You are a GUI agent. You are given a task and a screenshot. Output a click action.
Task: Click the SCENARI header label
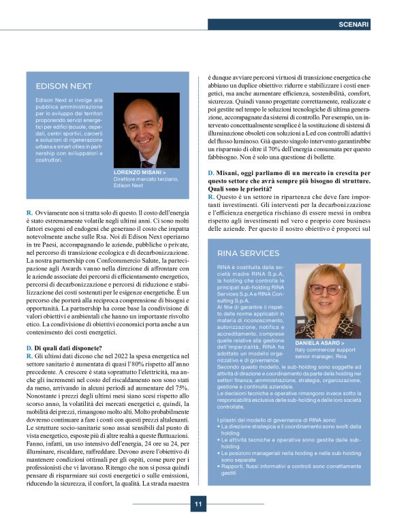353,25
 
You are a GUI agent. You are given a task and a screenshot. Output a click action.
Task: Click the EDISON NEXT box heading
63,86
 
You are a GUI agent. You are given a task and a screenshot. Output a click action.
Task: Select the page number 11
197,504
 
